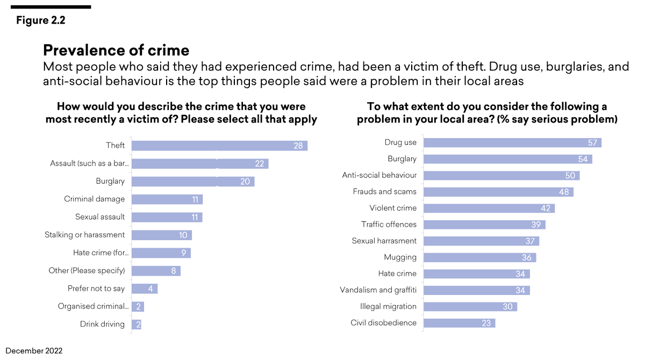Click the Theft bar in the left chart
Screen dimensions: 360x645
[219, 146]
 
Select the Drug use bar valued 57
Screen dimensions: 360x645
[512, 142]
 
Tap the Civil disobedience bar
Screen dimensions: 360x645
[459, 323]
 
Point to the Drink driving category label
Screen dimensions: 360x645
[102, 324]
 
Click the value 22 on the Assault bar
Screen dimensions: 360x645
[259, 163]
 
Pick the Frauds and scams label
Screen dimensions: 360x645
[384, 191]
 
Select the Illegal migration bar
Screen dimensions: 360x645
[470, 306]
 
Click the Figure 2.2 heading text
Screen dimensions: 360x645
[40, 20]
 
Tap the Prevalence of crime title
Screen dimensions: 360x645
[116, 50]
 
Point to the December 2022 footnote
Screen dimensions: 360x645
[34, 351]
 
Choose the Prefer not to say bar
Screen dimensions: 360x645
[144, 289]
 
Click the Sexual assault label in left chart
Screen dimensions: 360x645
[100, 217]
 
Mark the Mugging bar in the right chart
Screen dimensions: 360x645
[479, 257]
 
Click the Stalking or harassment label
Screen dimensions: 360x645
[84, 235]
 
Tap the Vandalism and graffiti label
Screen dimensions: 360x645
[378, 290]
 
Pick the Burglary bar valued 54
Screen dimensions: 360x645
[507, 159]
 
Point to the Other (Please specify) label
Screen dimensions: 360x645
[87, 270]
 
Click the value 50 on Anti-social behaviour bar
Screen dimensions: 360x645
[570, 175]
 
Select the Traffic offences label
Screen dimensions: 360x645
[389, 224]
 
